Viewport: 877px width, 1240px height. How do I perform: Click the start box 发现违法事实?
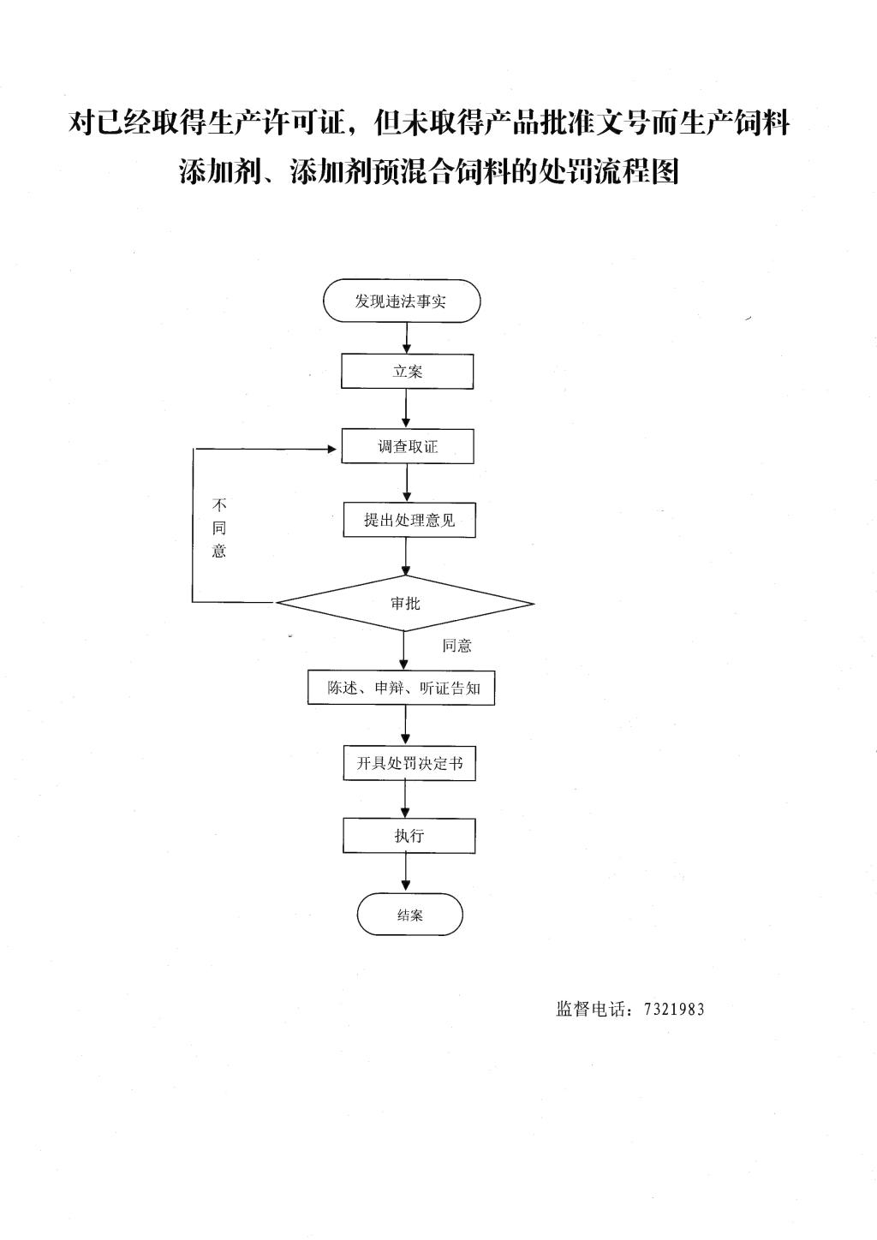pos(402,301)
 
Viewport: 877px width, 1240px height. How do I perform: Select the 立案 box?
pos(407,371)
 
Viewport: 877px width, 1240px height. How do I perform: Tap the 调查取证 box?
pos(408,445)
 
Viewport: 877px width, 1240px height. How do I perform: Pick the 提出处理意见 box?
pos(409,519)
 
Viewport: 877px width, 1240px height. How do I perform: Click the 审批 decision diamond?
pos(405,603)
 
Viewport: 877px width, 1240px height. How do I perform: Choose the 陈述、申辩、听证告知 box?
pos(402,688)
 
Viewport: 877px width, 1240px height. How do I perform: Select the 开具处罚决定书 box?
pos(409,763)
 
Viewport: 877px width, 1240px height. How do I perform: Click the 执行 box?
pos(409,835)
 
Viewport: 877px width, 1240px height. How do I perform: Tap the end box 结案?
pos(409,915)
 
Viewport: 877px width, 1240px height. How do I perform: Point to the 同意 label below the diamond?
pos(456,646)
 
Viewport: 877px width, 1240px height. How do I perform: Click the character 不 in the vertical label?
pos(219,505)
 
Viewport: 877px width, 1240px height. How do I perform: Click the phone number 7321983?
pos(674,1009)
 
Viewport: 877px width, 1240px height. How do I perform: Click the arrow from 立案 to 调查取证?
pos(406,408)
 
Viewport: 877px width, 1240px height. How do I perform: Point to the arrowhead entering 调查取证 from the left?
pos(332,449)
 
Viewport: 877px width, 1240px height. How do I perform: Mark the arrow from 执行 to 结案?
pos(406,873)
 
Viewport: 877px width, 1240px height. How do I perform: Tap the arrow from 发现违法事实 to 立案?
pos(407,337)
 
